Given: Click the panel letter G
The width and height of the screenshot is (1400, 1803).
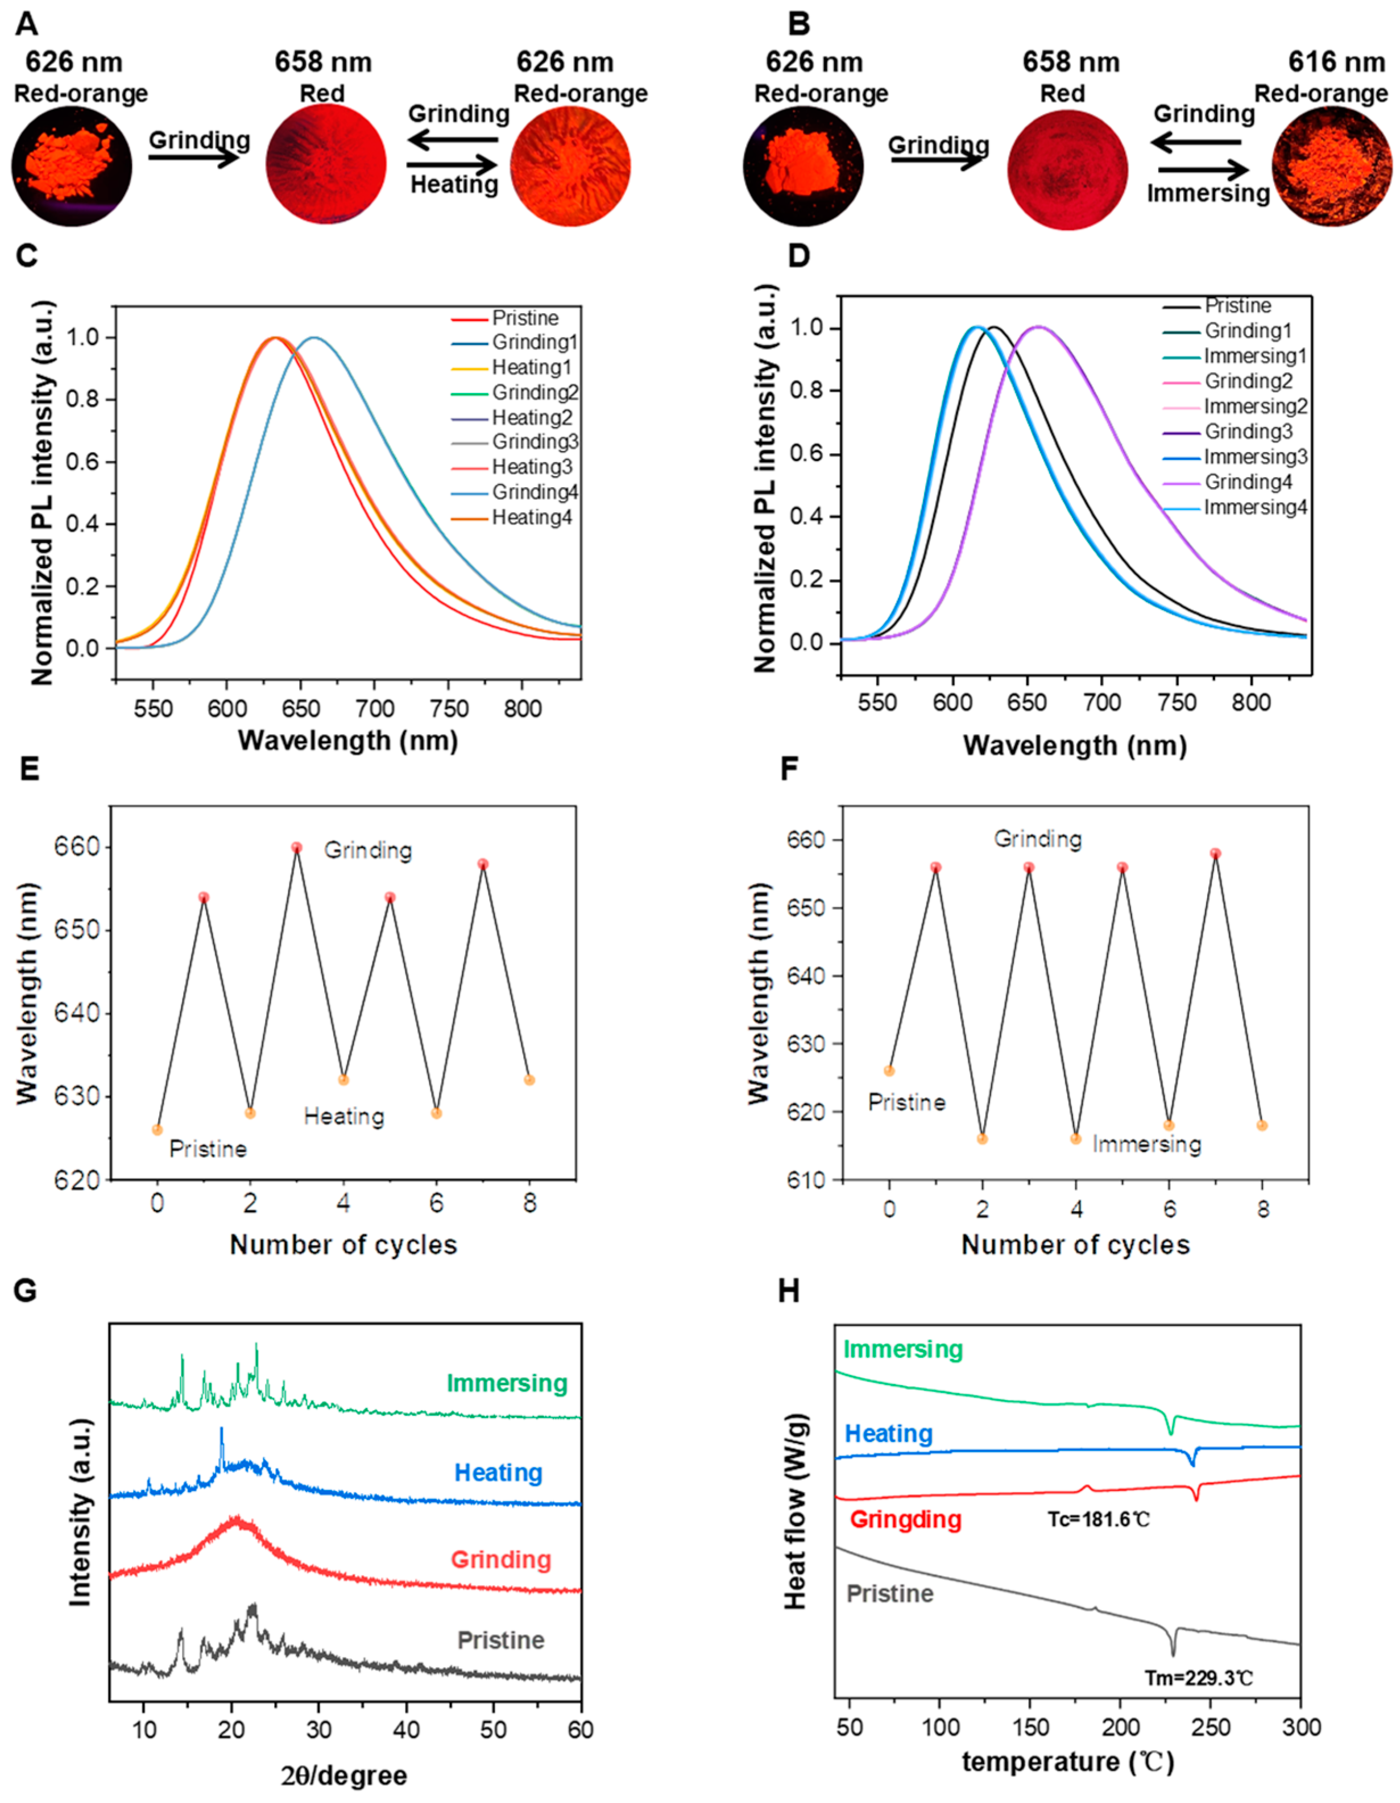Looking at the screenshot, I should pos(26,1290).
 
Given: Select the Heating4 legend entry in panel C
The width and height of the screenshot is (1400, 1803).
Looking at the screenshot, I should pos(532,517).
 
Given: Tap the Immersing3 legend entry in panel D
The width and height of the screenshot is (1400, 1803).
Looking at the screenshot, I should pos(1256,457).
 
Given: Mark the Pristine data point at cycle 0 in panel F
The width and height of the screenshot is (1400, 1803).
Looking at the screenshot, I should pos(889,1071).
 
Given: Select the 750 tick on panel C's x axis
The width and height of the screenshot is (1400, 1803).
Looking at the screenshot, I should pos(448,709).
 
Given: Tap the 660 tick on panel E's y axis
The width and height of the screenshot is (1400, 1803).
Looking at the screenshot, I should pos(77,848).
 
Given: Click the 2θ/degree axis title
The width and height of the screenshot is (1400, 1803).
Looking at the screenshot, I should pos(343,1775).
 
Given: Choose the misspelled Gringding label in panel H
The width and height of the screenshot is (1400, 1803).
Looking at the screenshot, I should pos(905,1519).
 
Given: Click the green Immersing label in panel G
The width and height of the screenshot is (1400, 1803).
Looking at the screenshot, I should pos(507,1383).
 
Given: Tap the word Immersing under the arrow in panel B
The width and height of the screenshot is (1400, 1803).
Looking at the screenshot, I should pos(1208,194).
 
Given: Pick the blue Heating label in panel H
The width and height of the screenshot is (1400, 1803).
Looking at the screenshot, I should pos(889,1433).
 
